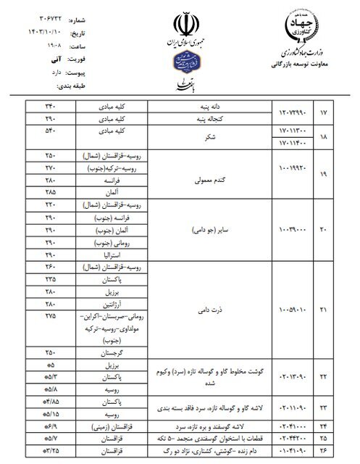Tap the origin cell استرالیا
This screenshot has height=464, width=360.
pos(112,256)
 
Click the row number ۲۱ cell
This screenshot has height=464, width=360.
pos(325,311)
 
